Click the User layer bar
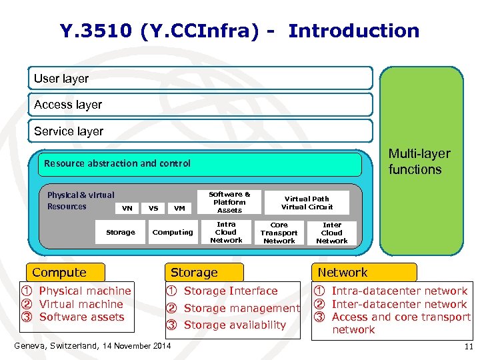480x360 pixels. pos(200,79)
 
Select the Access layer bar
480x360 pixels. pos(200,105)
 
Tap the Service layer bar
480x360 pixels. pos(200,131)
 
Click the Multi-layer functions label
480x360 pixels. pos(419,161)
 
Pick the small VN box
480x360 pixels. pos(127,208)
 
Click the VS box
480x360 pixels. pos(153,208)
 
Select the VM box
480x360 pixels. pos(179,208)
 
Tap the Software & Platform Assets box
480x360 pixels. pos(229,202)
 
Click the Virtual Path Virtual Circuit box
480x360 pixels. pos(307,203)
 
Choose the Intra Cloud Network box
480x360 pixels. pos(226,232)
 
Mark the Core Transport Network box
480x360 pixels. pos(279,233)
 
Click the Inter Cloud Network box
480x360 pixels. pos(331,233)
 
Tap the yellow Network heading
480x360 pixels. pos(365,272)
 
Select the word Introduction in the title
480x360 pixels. pos(353,31)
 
